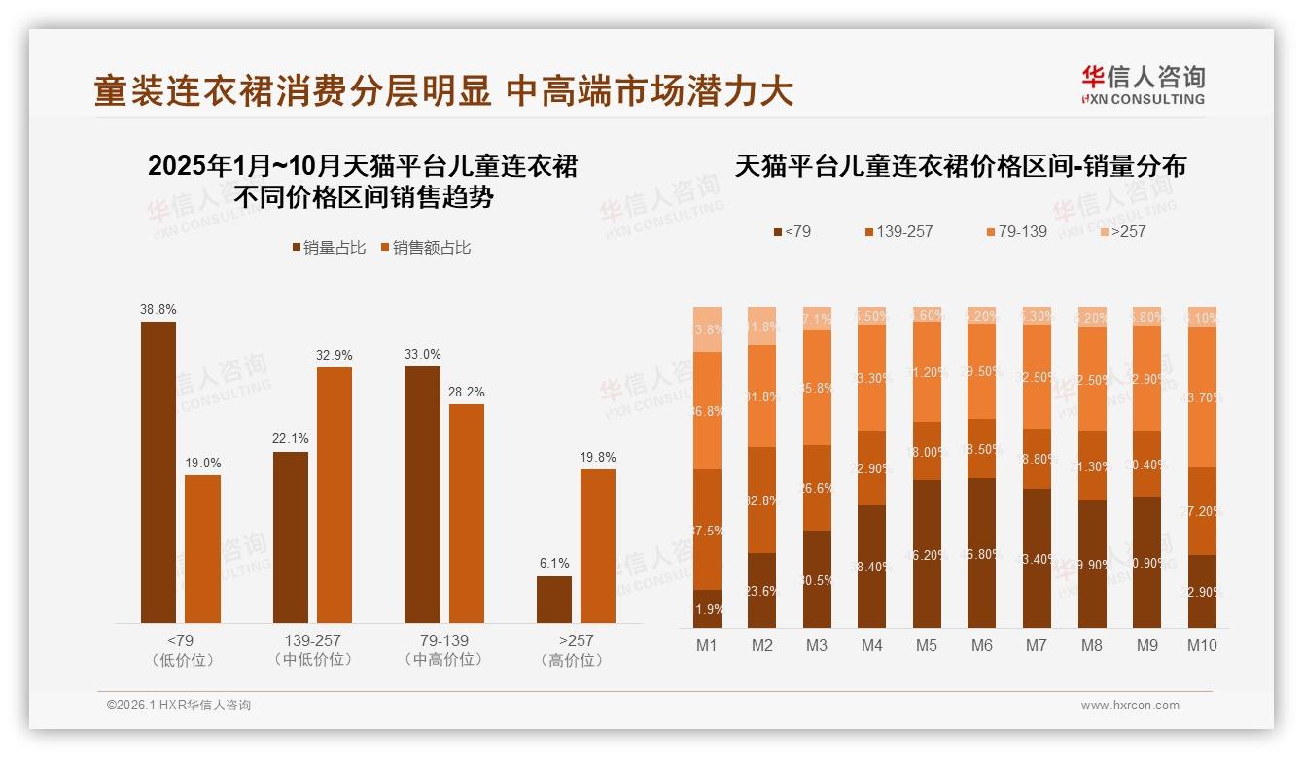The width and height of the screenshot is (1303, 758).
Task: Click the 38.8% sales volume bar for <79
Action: click(158, 471)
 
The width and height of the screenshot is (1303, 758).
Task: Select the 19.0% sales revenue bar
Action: click(202, 548)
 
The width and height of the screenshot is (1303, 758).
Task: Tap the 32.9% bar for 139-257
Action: click(335, 495)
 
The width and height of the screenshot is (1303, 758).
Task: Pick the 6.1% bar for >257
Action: click(554, 599)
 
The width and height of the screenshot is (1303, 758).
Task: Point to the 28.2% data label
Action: click(466, 392)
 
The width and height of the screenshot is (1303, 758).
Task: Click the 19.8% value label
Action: click(598, 457)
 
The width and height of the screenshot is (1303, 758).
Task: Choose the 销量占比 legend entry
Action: click(329, 248)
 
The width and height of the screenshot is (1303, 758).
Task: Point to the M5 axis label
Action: click(927, 645)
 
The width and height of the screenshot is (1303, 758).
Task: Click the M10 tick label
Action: click(1202, 645)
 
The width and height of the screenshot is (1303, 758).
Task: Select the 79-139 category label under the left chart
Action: click(443, 641)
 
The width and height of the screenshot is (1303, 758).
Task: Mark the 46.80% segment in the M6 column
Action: click(982, 552)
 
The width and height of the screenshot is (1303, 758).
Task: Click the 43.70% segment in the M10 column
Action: click(1202, 397)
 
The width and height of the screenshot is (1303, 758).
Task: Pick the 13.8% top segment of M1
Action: click(707, 329)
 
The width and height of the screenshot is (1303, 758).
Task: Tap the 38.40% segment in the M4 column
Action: click(872, 566)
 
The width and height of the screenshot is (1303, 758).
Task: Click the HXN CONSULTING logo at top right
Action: click(1143, 85)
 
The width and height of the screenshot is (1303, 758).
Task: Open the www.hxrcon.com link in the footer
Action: click(1130, 706)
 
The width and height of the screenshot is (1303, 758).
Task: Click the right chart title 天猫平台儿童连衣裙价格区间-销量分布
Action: click(960, 166)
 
